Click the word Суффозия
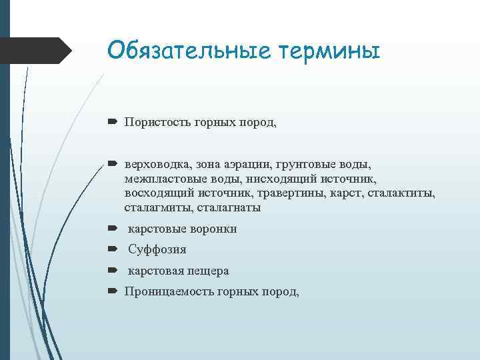point(157,250)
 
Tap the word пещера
point(207,271)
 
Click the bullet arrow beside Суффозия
point(113,250)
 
